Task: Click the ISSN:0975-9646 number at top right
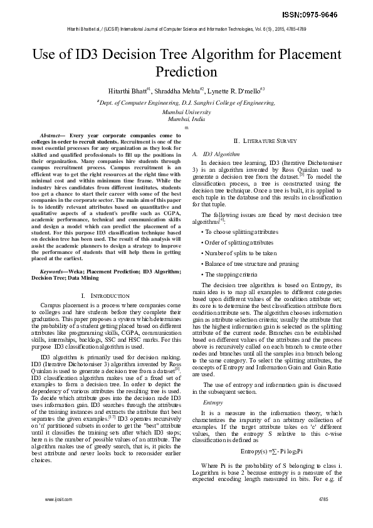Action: pos(337,14)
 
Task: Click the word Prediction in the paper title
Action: pos(186,71)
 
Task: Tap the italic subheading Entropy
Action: pos(214,384)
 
